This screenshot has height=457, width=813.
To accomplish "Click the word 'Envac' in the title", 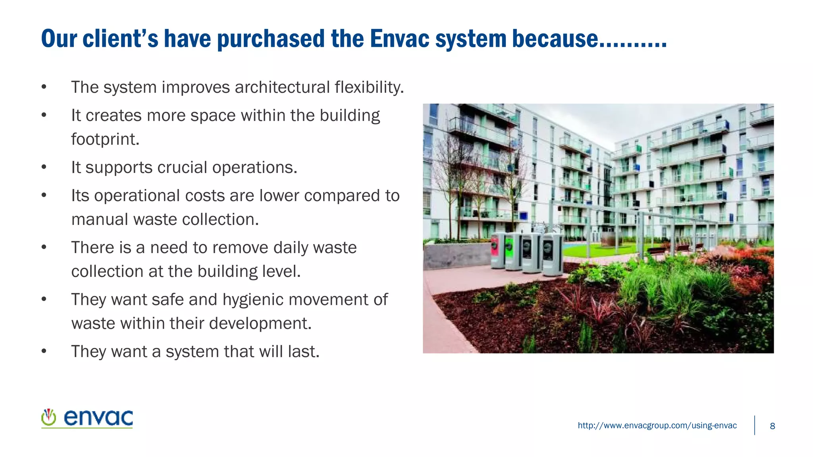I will [x=399, y=39].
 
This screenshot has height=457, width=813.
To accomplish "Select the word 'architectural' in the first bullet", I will [x=282, y=87].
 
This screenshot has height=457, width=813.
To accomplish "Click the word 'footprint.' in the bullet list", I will [x=105, y=139].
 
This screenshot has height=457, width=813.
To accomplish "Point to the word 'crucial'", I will [x=182, y=167].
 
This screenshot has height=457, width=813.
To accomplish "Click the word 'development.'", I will [x=260, y=323].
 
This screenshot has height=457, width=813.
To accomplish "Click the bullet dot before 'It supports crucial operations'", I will [x=44, y=167].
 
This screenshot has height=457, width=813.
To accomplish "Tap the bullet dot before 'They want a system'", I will [x=44, y=351].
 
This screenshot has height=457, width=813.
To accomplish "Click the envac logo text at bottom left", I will [x=98, y=418].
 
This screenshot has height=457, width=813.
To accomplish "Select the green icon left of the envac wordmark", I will [x=49, y=417].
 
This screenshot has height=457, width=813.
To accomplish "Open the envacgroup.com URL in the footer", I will [x=657, y=426].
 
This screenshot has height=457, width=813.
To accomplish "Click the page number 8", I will [x=772, y=426].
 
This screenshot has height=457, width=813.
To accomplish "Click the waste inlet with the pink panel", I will [x=497, y=251].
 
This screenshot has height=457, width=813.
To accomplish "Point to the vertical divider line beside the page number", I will [x=754, y=425].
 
